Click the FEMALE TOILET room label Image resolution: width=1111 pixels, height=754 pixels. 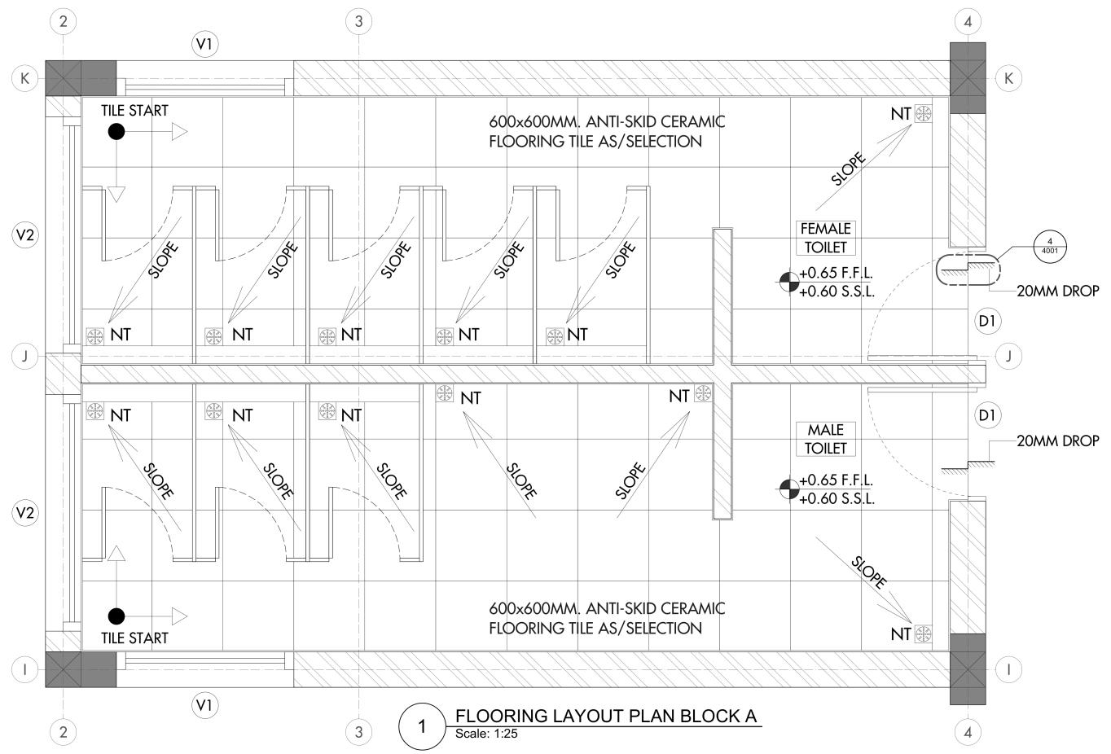pos(826,238)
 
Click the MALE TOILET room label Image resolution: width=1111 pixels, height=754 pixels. pos(826,439)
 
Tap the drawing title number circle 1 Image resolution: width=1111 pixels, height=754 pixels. pos(421,726)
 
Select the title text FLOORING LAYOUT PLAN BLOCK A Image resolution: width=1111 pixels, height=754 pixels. pos(606,717)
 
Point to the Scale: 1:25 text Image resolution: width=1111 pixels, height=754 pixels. pos(486,734)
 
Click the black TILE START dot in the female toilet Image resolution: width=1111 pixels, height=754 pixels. pos(116,132)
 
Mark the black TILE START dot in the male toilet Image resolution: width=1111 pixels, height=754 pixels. pos(116,616)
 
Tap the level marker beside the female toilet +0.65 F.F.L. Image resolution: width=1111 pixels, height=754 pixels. pos(787,282)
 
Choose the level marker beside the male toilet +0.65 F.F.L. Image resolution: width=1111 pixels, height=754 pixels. pos(787,489)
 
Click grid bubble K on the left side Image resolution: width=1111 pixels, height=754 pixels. pos(25,78)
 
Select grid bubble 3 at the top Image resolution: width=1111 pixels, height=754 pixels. pos(358,21)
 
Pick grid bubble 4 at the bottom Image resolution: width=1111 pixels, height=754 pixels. pos(968,732)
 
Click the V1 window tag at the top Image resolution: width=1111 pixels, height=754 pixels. pos(204,44)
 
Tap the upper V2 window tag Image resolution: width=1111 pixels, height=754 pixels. pos(25,235)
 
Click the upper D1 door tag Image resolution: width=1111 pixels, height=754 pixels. pos(987,321)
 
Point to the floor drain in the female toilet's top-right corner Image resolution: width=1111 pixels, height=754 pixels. pos(924,114)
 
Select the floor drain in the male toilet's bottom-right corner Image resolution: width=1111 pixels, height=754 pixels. pos(924,633)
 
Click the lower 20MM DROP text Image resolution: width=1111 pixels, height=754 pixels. pos(1057,441)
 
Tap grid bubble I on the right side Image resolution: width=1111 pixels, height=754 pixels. pos(1009,669)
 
